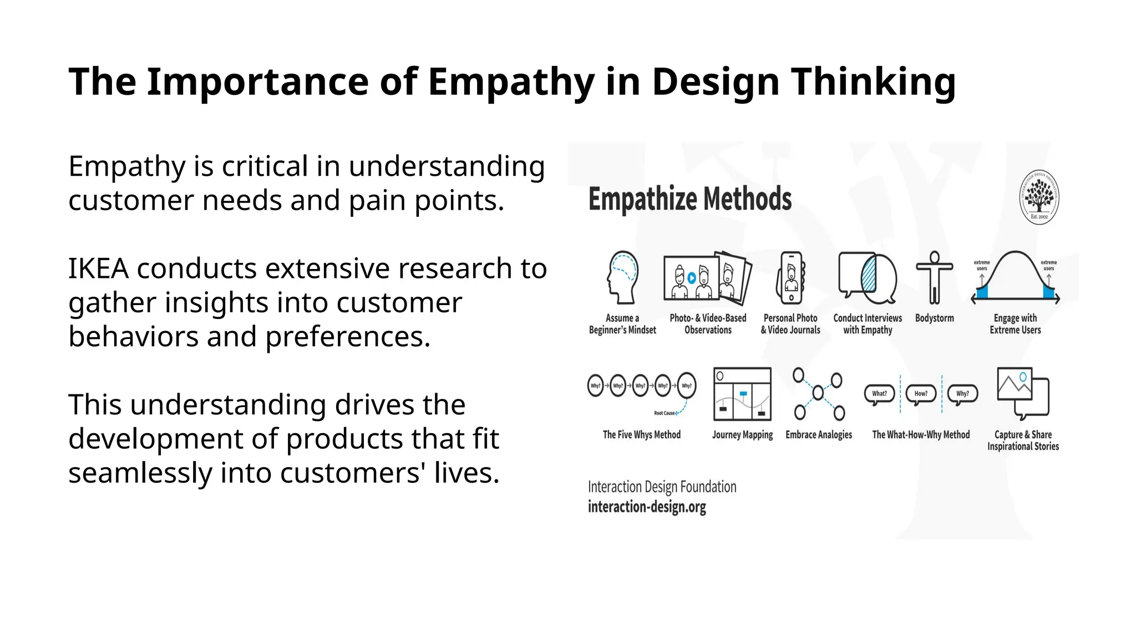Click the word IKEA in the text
click(x=99, y=269)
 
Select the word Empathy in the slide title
click(x=511, y=82)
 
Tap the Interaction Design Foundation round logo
click(x=1039, y=197)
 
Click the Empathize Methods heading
click(x=689, y=199)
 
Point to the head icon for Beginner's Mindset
click(x=622, y=277)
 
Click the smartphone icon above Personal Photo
click(x=791, y=278)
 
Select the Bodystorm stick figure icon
click(x=934, y=277)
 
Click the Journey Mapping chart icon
click(x=742, y=394)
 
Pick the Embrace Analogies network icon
click(x=818, y=394)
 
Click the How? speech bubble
click(x=921, y=394)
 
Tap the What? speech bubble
click(x=879, y=394)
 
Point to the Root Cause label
click(x=664, y=413)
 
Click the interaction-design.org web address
click(x=647, y=507)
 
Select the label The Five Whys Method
click(x=641, y=435)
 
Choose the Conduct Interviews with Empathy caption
click(x=868, y=324)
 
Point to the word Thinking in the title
click(x=873, y=82)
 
